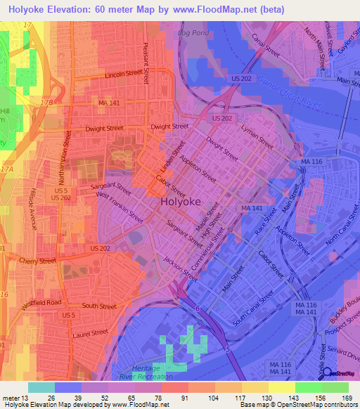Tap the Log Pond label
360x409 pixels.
coord(195,33)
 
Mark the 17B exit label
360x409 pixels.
coord(47,103)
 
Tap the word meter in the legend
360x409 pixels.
coord(12,398)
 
